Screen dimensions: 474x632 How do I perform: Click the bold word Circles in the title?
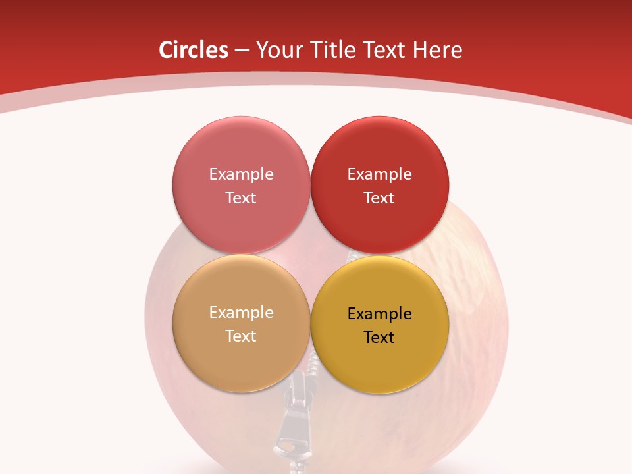[193, 50]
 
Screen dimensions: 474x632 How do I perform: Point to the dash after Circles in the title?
[242, 51]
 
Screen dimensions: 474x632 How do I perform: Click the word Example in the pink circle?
[241, 174]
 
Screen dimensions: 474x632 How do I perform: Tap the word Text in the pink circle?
[241, 198]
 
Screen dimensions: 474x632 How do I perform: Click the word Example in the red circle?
[379, 174]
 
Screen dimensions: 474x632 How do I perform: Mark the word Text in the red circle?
[379, 198]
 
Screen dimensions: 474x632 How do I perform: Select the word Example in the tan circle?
[241, 313]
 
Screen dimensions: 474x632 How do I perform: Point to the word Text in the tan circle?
[241, 336]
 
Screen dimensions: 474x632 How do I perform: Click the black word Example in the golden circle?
[379, 314]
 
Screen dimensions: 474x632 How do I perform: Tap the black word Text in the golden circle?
[379, 338]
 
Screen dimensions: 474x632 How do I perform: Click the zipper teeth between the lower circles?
[310, 375]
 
